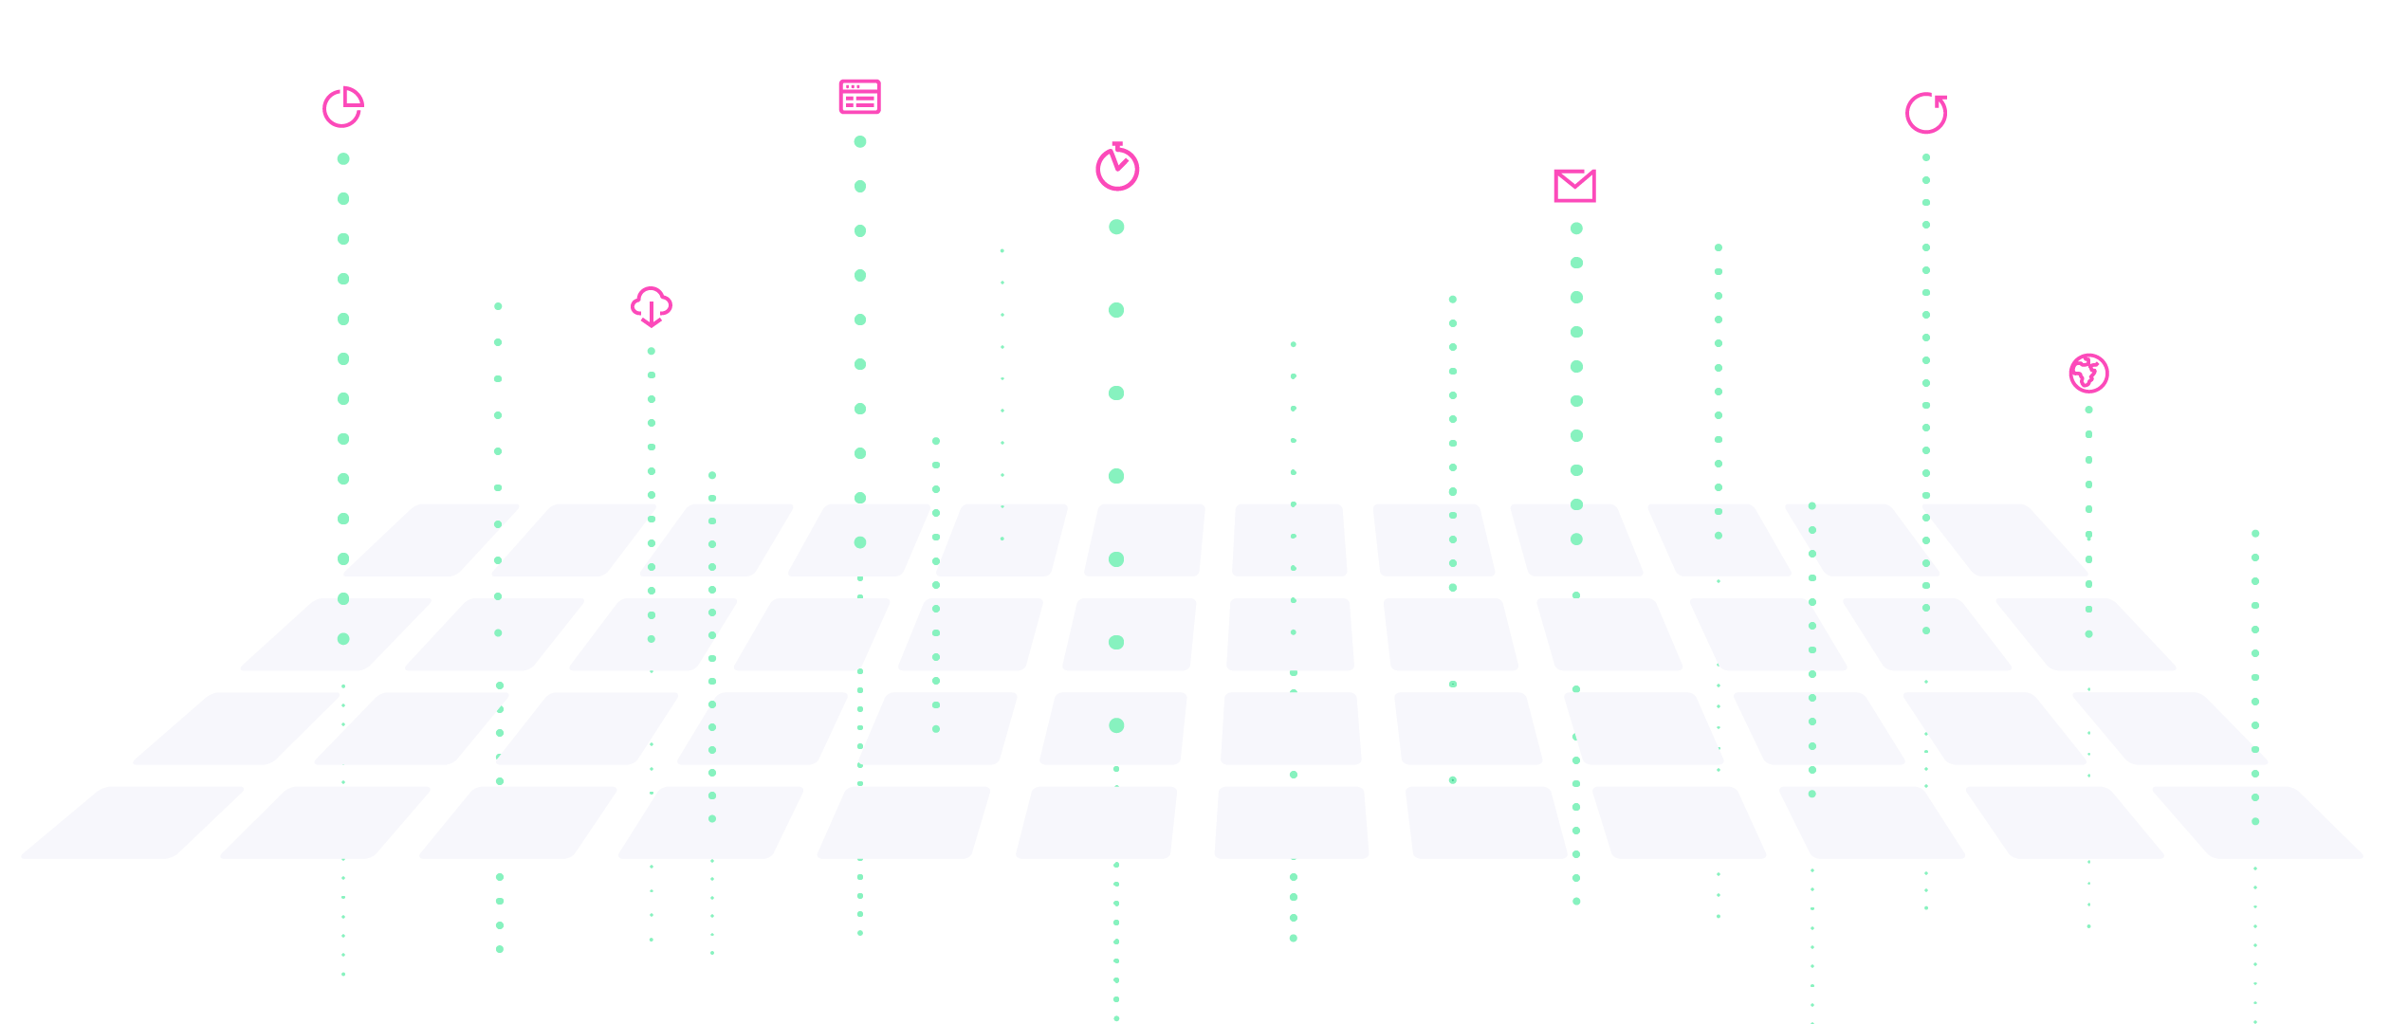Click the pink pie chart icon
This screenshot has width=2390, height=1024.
pos(342,107)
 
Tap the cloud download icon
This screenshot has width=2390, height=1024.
pos(652,306)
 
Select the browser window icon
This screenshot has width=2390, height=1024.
pos(859,97)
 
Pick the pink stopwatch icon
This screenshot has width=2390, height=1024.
pos(1117,168)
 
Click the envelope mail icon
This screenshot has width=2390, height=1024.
pos(1574,186)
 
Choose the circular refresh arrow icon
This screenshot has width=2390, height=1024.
pos(1926,114)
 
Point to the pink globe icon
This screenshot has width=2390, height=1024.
pos(2088,373)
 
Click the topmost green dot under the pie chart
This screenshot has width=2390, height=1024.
pos(343,159)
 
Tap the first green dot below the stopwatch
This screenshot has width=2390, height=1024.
pos(1116,227)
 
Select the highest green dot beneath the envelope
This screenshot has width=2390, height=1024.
pos(1576,229)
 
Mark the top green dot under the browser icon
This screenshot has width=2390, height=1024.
pos(860,141)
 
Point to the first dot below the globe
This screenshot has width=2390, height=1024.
pos(2088,410)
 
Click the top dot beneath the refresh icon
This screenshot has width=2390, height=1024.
pos(1926,157)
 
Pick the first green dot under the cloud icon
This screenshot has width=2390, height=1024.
pos(652,352)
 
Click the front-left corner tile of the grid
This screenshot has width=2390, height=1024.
pos(133,822)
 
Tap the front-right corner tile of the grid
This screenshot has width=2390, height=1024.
pos(2257,822)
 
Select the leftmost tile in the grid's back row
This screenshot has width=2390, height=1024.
pos(432,539)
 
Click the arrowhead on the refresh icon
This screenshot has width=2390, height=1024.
pos(1940,100)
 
